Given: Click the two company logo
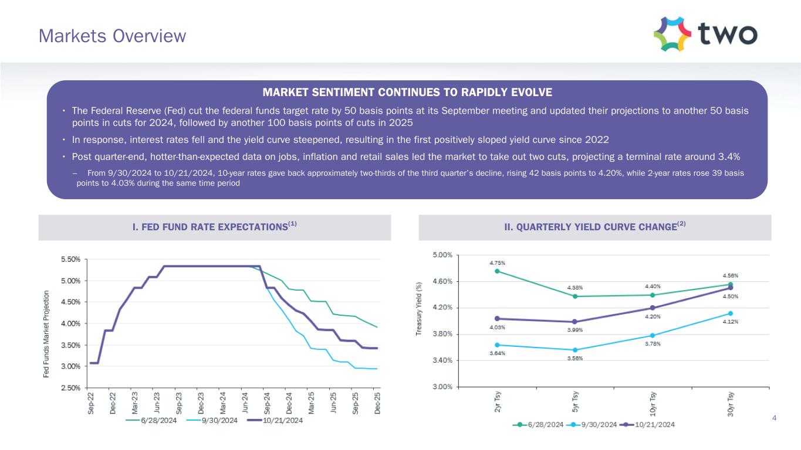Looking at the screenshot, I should tap(705, 35).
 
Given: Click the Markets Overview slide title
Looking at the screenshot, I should tap(112, 36).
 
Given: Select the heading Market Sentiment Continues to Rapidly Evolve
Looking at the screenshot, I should tap(407, 92).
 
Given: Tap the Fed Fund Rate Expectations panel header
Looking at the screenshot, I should tap(214, 227).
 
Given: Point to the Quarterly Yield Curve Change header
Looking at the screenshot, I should tap(594, 227).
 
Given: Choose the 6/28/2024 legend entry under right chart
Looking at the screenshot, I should tap(539, 424).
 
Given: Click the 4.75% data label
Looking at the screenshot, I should tap(498, 263).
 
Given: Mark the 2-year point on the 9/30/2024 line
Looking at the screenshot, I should tap(498, 345).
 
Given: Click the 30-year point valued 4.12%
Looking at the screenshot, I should tap(731, 313).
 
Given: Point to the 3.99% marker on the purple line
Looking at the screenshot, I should tap(575, 322).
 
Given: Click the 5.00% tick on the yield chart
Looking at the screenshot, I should tap(442, 255).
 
